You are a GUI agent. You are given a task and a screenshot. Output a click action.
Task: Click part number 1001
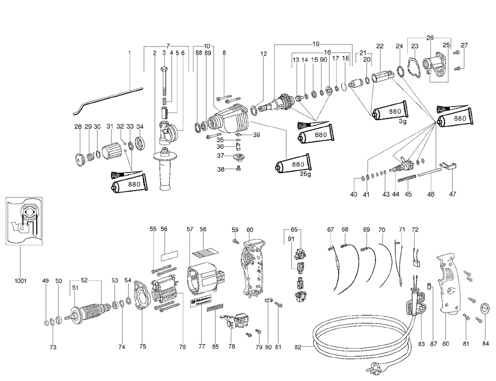click(x=20, y=281)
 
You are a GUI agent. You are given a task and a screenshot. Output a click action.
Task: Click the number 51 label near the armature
click(x=75, y=286)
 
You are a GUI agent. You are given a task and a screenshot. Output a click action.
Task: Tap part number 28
click(x=78, y=127)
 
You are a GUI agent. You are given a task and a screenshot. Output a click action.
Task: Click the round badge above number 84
click(x=485, y=309)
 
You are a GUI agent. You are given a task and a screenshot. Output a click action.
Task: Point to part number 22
click(x=380, y=46)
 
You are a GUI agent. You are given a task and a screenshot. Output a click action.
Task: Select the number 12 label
click(x=263, y=54)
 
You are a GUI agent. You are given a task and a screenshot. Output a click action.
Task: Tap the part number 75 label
click(x=143, y=347)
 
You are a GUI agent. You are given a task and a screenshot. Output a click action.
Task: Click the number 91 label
click(x=291, y=239)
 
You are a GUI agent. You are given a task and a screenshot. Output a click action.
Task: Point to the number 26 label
click(x=430, y=37)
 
